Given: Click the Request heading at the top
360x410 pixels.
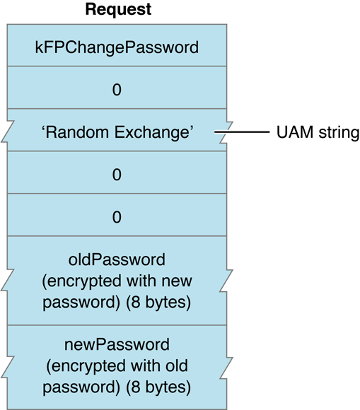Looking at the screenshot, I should click(x=117, y=11).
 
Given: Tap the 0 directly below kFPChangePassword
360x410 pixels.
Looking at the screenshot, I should click(x=117, y=90).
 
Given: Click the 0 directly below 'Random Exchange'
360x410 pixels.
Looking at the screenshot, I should click(x=117, y=175).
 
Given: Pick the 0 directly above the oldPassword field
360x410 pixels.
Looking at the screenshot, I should click(x=117, y=217).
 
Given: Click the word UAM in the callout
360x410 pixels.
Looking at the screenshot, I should click(x=291, y=132).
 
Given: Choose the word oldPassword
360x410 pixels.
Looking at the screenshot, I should click(x=117, y=261).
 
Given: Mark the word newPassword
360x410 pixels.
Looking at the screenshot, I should click(x=117, y=345).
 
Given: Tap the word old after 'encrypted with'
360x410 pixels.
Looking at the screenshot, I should click(x=178, y=366).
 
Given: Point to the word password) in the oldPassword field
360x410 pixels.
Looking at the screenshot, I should click(x=76, y=302).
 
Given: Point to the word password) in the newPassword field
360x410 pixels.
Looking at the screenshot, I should click(x=76, y=387).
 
